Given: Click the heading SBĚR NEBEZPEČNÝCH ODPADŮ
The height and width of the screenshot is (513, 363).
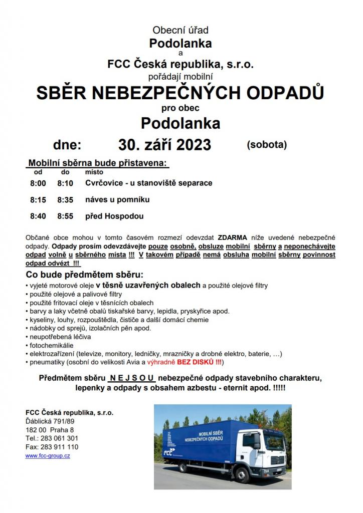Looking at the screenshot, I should (x=180, y=93).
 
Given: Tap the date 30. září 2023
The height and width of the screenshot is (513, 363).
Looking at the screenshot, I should (x=165, y=145).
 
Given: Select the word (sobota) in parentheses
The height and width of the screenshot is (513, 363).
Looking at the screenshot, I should (x=267, y=145).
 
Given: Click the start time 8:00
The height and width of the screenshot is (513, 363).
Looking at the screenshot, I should (x=38, y=183).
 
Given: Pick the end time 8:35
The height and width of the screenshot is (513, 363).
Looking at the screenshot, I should (x=65, y=200).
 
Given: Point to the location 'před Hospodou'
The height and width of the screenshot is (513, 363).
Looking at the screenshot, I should (x=115, y=216).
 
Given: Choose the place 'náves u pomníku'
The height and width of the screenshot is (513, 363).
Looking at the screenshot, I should (x=118, y=200).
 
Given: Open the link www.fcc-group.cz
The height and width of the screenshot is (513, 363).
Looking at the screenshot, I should (x=48, y=456).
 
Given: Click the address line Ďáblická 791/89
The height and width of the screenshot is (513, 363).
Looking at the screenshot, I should (x=50, y=421).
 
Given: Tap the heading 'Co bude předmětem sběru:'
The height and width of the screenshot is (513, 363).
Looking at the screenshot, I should (x=84, y=276).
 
